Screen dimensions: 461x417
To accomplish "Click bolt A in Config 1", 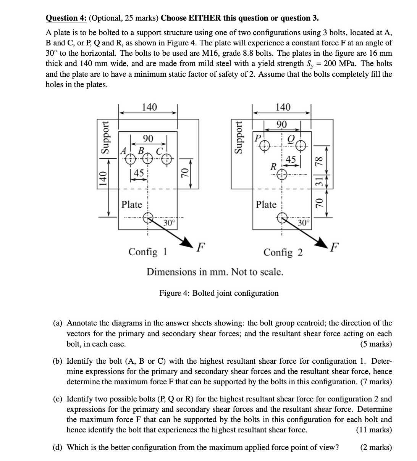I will (131, 158).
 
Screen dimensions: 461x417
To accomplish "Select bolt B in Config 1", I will (148, 158).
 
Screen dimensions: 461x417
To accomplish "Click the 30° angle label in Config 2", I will (304, 222).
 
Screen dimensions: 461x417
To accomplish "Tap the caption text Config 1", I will (148, 252).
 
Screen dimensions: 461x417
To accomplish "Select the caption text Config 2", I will (283, 253).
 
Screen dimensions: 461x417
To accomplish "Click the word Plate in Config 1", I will (132, 205).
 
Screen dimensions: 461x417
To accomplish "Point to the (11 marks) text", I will (374, 430).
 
